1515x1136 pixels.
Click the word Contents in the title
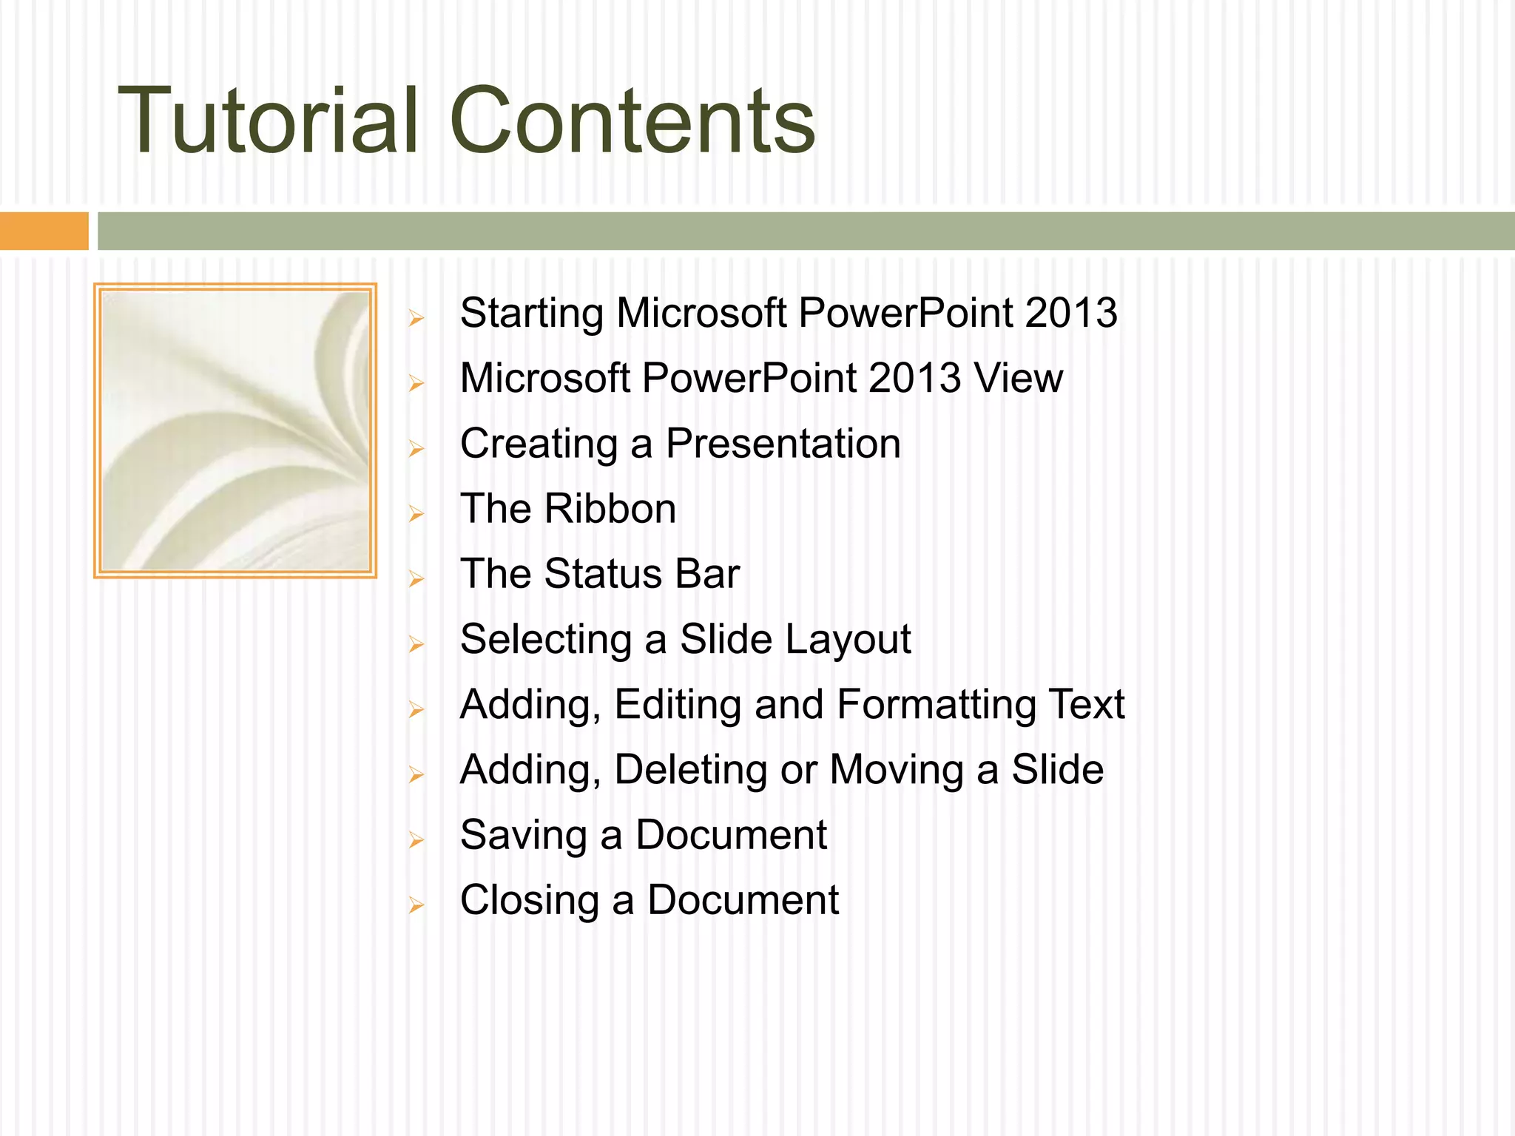[x=632, y=121]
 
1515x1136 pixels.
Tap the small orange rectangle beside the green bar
[x=44, y=231]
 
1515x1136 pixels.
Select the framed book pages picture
[x=235, y=430]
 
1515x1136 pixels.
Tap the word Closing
[x=529, y=901]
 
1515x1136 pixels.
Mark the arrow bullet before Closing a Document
[x=416, y=905]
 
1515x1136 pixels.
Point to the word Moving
[x=897, y=771]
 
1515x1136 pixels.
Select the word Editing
[x=678, y=706]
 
